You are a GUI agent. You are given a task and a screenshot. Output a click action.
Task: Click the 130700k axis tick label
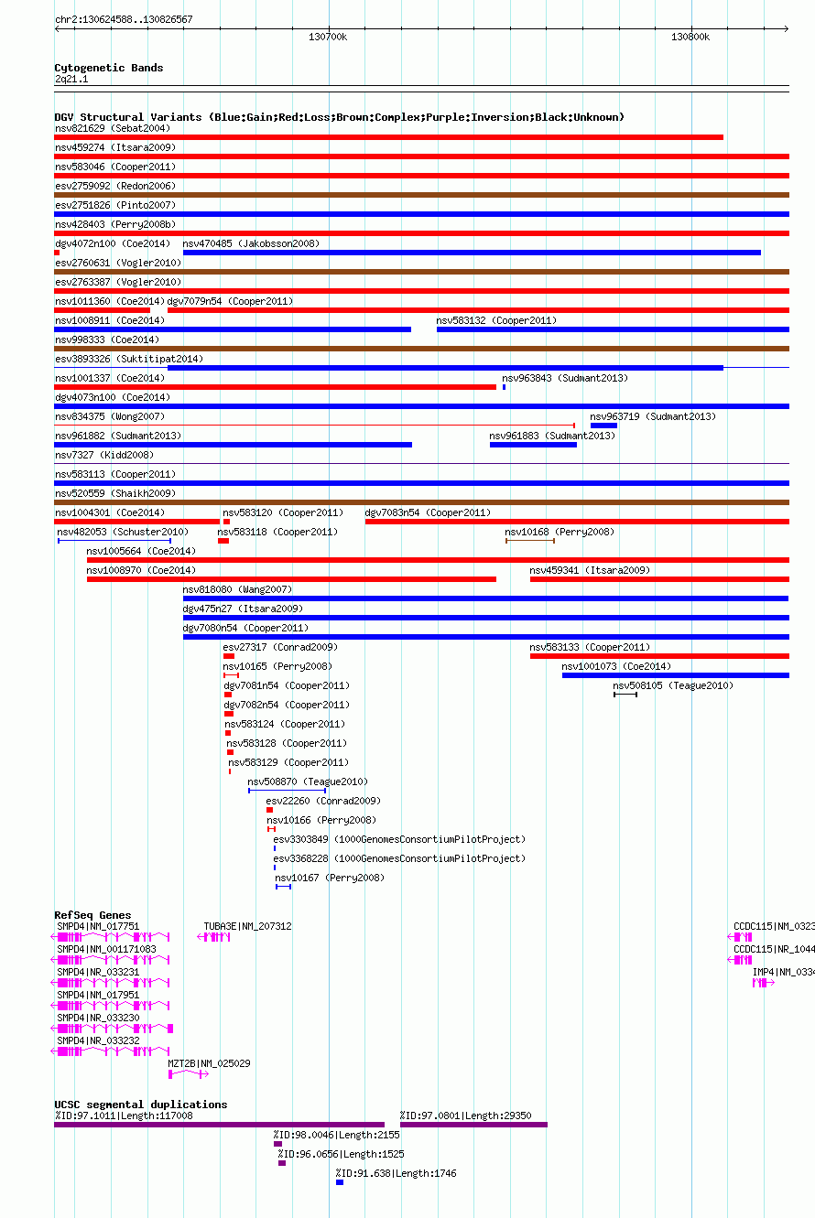point(328,37)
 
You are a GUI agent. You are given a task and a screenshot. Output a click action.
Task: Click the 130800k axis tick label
point(690,37)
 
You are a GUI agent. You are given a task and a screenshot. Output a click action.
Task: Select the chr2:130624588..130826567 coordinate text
point(124,19)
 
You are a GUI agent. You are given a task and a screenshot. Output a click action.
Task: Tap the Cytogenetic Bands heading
point(109,68)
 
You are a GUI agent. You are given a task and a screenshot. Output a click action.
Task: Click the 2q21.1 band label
point(71,79)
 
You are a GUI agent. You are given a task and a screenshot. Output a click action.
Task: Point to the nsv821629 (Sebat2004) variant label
point(113,128)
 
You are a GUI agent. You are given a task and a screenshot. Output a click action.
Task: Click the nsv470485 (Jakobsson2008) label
point(251,243)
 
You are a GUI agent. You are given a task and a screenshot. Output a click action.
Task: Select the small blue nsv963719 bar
point(603,426)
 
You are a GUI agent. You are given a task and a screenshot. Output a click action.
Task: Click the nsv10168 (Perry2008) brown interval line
point(530,541)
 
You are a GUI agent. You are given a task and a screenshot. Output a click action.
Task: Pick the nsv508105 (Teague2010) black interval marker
point(625,695)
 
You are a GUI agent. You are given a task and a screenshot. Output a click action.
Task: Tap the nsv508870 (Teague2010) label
point(308,781)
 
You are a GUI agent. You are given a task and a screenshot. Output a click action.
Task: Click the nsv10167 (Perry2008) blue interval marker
point(284,887)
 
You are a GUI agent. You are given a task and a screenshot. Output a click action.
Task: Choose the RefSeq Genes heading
point(92,915)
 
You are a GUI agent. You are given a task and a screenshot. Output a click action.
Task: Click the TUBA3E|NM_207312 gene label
point(247,926)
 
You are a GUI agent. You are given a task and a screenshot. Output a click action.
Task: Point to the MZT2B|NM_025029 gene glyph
point(189,1074)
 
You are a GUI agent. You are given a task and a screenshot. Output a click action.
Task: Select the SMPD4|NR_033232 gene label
point(99,1040)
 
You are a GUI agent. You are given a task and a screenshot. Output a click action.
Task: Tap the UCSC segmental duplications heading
point(141,1105)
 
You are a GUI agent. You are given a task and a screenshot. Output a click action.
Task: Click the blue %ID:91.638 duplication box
point(340,1182)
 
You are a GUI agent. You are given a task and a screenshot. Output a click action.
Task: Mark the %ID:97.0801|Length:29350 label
point(466,1116)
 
